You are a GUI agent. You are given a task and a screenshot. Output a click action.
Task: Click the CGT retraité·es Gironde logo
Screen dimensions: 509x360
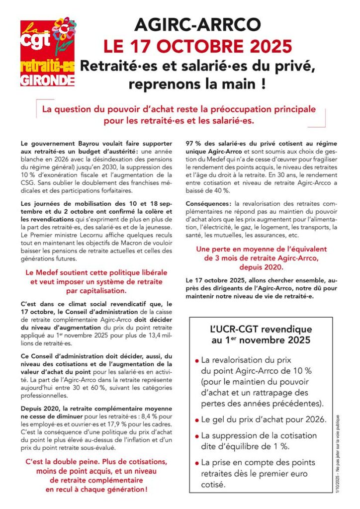48,53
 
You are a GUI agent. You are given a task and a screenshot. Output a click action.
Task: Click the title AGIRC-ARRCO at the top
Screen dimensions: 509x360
197,25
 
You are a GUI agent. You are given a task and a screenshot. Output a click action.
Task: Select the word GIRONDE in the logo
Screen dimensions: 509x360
48,79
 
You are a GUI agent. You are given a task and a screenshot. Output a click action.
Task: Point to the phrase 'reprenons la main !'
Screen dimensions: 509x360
196,84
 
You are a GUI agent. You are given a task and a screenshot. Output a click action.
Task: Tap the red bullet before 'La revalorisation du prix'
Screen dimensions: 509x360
197,360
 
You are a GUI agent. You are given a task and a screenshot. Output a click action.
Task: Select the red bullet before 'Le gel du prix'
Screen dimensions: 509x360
197,420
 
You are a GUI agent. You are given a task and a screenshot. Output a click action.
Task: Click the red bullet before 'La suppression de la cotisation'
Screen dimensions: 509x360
197,436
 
